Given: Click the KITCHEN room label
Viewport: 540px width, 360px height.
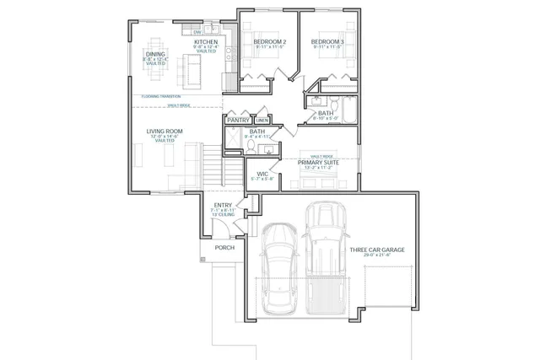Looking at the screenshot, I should pos(206,41).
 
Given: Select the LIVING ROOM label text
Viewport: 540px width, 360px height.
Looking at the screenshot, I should pos(165,132).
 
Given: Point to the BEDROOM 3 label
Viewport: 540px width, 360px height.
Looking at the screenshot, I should pos(327,41).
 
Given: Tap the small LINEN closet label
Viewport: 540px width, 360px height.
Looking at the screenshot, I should pos(262,121).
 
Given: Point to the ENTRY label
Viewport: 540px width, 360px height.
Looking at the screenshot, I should pos(223,205).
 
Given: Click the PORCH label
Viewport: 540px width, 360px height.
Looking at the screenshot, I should pos(224,248).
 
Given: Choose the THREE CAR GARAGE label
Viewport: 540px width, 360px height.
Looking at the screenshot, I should pos(380,250).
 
